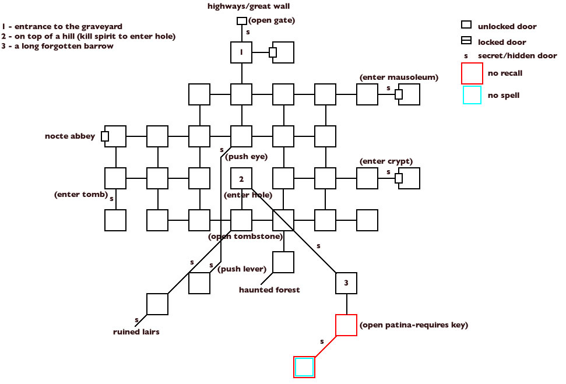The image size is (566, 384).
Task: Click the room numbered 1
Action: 241,52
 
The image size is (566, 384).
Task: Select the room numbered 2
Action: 241,178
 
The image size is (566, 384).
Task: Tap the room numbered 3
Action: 346,283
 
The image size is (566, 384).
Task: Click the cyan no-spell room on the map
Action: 304,367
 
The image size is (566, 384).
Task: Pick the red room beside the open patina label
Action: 346,325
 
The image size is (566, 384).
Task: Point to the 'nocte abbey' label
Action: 69,136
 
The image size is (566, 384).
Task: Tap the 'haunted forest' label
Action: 269,290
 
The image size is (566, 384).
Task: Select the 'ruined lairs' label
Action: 136,332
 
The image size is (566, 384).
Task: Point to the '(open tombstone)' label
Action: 245,236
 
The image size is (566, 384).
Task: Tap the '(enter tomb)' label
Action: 80,193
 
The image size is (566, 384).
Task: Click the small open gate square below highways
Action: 241,21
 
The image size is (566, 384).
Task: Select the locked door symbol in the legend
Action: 466,41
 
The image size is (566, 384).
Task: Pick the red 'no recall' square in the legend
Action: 472,73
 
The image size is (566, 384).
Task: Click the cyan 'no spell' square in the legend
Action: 472,95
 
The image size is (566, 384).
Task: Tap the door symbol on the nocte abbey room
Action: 105,136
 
